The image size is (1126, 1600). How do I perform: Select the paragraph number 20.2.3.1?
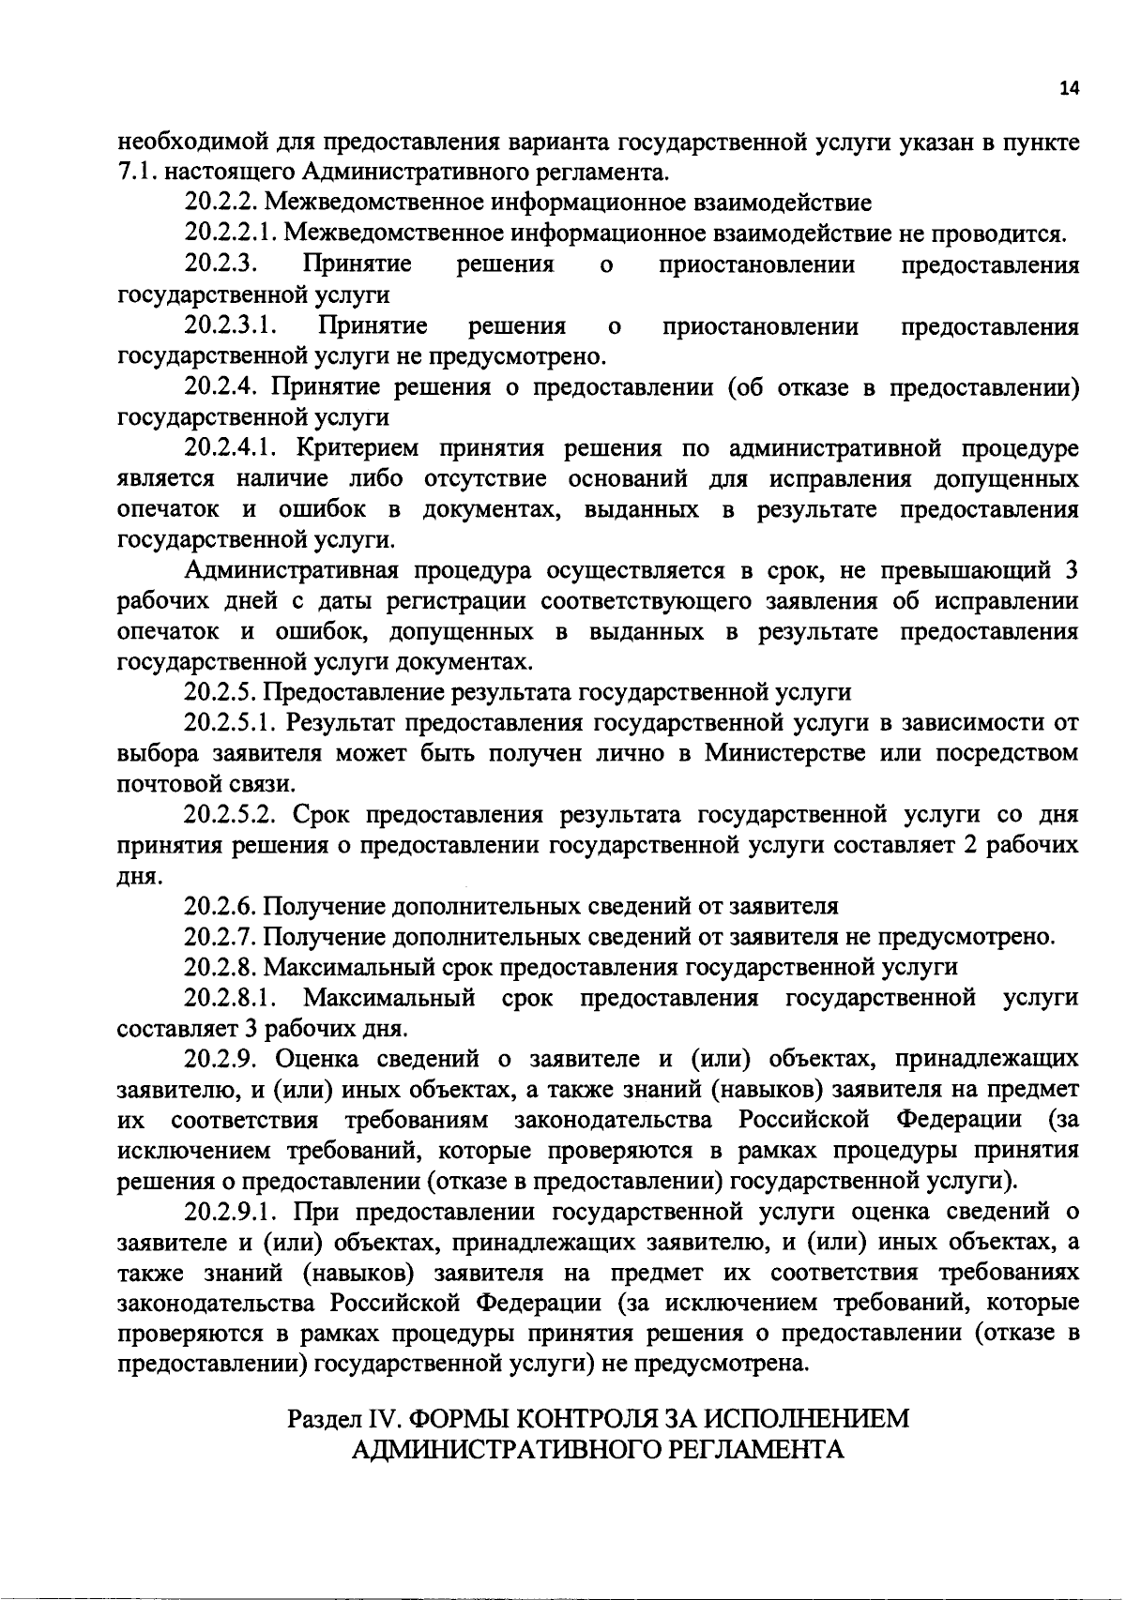(x=231, y=326)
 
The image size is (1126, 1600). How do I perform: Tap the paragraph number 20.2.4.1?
(x=231, y=448)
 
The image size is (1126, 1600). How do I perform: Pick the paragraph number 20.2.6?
(x=221, y=906)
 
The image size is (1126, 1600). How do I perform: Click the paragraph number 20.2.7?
(x=221, y=937)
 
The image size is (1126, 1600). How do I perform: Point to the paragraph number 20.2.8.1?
(x=231, y=997)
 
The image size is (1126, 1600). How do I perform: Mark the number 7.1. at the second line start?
(x=137, y=173)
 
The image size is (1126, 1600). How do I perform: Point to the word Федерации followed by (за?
(x=957, y=1120)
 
